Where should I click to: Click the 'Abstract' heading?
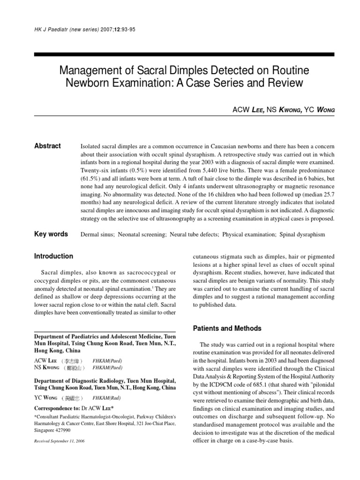[x=47, y=146]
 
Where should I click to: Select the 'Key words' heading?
[x=51, y=234]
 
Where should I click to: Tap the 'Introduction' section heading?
[x=53, y=256]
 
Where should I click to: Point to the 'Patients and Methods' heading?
[x=227, y=329]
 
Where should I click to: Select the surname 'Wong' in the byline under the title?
[x=325, y=110]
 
